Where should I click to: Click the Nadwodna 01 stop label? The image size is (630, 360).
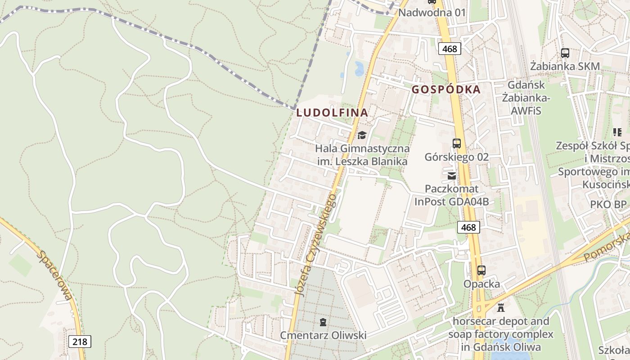point(432,12)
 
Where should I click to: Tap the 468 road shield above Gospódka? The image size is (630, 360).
point(449,49)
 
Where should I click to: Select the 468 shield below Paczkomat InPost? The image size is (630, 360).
point(468,227)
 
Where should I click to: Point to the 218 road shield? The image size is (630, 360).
point(80,342)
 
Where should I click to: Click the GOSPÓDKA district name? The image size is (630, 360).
point(446,89)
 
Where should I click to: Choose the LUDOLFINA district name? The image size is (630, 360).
point(332,112)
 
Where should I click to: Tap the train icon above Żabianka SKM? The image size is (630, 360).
point(565,53)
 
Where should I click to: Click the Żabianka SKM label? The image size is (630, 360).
point(565,66)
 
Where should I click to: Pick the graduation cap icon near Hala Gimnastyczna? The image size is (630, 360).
point(362,135)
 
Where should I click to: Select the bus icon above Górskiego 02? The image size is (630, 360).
point(457,144)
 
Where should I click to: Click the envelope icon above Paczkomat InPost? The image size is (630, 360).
point(452,175)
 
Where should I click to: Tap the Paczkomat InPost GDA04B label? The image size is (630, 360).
point(452,195)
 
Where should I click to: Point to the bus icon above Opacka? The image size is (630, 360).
point(481,270)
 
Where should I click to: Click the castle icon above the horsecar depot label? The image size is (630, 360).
point(500,308)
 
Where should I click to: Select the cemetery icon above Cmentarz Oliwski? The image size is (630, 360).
point(323,322)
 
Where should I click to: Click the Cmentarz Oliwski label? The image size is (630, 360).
point(323,335)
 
